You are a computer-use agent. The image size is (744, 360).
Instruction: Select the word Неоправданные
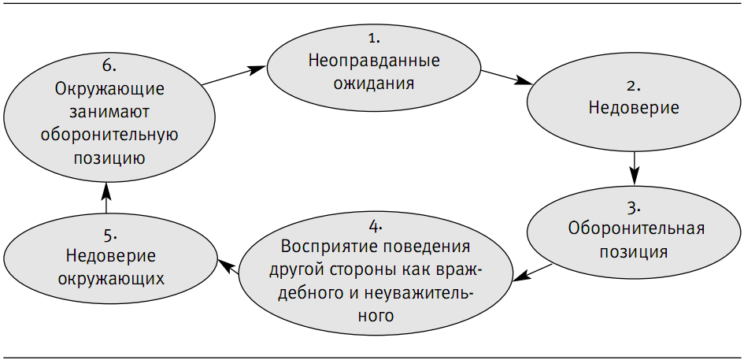pos(374,61)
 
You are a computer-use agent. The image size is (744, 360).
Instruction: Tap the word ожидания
pos(374,84)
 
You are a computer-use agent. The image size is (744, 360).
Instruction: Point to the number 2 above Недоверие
pos(634,85)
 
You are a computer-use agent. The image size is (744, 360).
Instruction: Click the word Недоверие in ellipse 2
pos(634,107)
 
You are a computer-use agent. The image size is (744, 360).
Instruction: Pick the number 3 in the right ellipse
pos(634,208)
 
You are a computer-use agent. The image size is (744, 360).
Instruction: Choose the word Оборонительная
pos(635,230)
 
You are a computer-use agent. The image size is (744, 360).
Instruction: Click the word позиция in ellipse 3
pos(634,253)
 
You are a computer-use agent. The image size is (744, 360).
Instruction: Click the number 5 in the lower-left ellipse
pos(110,234)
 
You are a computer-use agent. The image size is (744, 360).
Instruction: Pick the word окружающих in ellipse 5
pos(110,279)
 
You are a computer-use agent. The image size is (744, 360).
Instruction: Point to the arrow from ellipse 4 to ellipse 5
pos(228,268)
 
